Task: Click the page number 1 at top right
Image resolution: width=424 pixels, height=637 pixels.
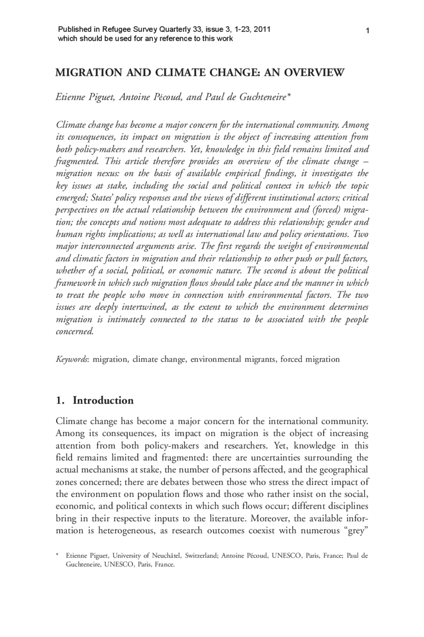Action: coord(367,31)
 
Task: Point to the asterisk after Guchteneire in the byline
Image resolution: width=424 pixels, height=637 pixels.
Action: coord(289,96)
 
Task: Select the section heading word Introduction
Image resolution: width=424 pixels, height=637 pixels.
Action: coord(103,400)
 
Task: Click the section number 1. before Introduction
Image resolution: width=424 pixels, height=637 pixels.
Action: coord(60,400)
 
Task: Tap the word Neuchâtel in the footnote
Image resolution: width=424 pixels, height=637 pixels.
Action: coord(166,556)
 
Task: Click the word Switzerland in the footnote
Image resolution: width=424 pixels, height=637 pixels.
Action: coord(201,556)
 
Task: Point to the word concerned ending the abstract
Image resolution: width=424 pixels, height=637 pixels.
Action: coord(75,331)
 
